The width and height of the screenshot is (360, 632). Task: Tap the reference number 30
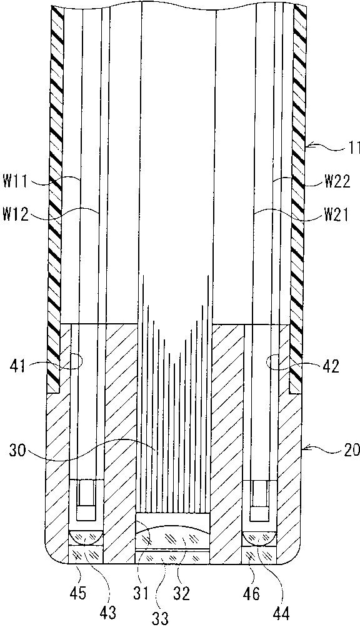point(17,450)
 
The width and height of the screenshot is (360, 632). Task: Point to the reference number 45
point(79,593)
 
